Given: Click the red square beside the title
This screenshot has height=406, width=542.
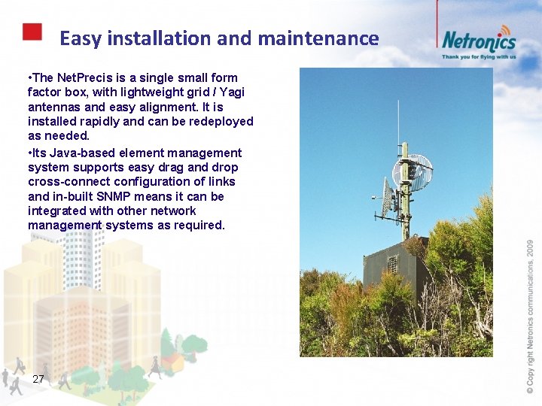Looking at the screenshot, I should point(32,32).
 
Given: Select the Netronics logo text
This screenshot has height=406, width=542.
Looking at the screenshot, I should point(478,39).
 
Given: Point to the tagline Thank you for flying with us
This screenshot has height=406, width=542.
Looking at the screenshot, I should point(479,56).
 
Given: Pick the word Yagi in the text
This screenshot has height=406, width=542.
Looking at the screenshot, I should point(230,92).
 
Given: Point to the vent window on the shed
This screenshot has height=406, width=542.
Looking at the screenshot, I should point(391,265).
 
